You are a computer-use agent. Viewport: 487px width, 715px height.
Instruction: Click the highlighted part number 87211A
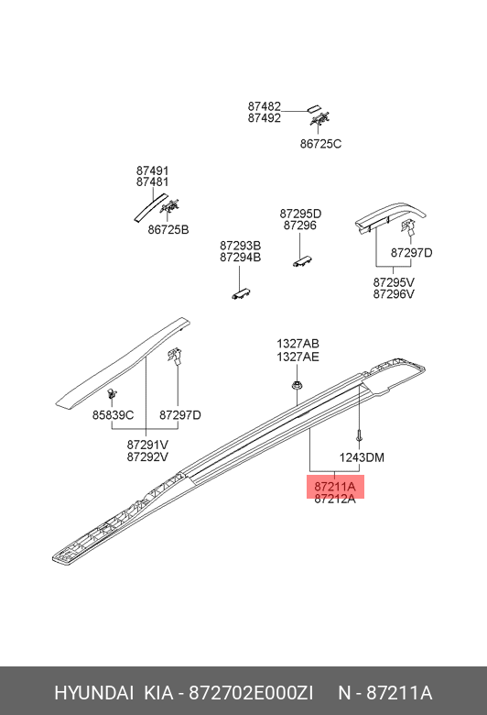tap(335, 487)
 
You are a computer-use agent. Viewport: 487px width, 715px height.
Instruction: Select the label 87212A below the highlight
tap(335, 499)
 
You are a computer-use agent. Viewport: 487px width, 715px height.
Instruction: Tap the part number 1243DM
tap(362, 457)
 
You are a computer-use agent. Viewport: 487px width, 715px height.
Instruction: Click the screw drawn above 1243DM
tap(360, 436)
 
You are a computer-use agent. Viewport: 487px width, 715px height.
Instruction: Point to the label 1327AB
tap(298, 344)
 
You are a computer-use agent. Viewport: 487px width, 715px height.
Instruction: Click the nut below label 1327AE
tap(297, 386)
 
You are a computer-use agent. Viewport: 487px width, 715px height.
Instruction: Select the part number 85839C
tap(113, 415)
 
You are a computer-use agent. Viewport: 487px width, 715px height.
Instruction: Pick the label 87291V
tap(147, 445)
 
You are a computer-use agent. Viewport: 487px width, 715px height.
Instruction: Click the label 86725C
tap(320, 144)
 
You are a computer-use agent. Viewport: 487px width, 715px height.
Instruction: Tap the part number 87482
tap(265, 106)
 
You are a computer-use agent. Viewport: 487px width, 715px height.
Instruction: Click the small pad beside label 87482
tap(314, 110)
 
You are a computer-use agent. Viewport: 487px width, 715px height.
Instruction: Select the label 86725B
tap(168, 229)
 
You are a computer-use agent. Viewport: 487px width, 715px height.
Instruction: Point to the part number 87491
tap(153, 170)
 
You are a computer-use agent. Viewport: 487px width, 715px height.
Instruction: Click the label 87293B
tap(241, 246)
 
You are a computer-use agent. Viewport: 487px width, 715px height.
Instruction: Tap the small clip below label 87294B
tap(242, 293)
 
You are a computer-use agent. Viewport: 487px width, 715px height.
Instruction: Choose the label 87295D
tap(300, 214)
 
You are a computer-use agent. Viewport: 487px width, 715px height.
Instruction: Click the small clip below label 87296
tap(302, 261)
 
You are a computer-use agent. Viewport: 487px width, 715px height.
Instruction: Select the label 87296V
tap(394, 294)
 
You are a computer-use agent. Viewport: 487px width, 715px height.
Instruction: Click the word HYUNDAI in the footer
tap(94, 693)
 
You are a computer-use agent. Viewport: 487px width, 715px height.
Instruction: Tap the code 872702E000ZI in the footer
tap(251, 693)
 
